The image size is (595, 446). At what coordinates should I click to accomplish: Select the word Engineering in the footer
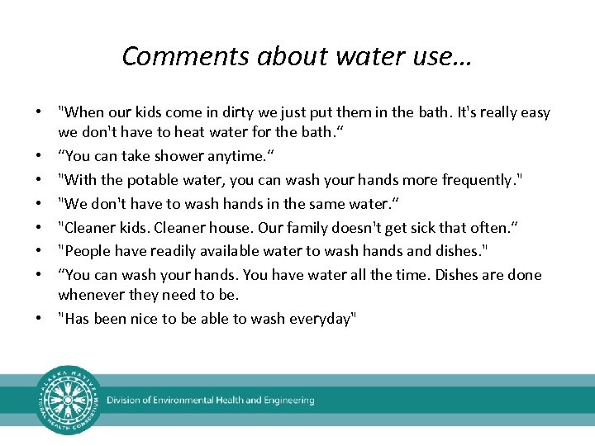pos(288,401)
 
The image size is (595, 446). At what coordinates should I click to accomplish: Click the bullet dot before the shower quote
pos(39,155)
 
